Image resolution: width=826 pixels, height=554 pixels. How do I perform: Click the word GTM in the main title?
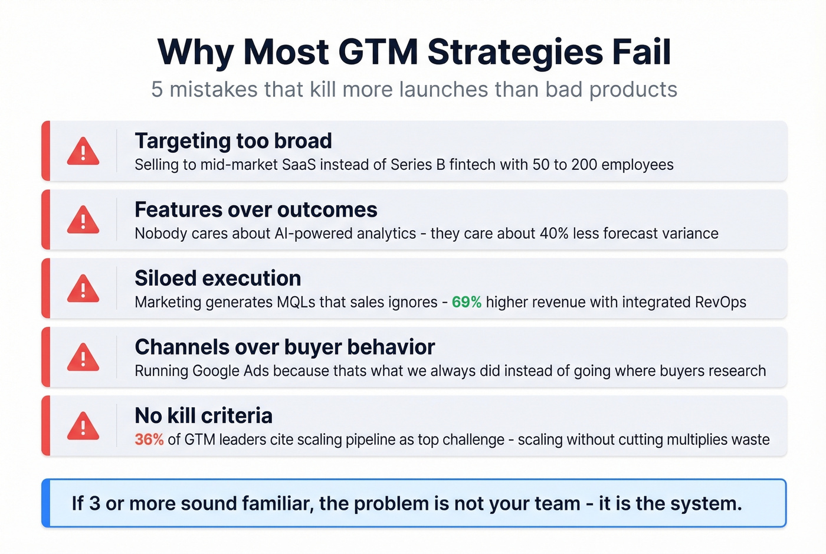(x=378, y=52)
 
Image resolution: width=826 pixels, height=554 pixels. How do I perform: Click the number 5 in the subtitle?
(x=157, y=90)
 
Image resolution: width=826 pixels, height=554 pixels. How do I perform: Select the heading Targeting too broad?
(x=233, y=141)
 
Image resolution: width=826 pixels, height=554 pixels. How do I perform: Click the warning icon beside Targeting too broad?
(x=83, y=152)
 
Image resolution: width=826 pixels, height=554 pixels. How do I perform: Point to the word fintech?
(x=473, y=165)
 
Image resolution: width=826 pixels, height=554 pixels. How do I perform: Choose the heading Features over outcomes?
(x=255, y=210)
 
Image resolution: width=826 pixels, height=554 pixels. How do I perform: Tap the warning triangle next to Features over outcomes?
(x=83, y=220)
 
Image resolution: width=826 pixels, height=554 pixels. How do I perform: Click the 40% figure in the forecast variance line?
(x=554, y=234)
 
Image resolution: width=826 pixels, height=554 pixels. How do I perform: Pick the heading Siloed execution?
(x=218, y=278)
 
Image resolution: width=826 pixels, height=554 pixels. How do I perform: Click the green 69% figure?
(x=467, y=302)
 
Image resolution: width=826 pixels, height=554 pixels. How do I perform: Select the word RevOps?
(x=720, y=302)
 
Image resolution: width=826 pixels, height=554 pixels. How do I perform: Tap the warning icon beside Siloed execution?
(x=83, y=289)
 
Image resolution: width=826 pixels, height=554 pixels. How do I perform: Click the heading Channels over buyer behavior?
(x=284, y=348)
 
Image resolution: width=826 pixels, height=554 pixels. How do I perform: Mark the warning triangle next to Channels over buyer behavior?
(x=83, y=358)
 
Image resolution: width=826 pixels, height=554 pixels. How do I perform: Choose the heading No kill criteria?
(x=204, y=416)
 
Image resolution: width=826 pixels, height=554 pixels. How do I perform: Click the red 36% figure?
(x=149, y=440)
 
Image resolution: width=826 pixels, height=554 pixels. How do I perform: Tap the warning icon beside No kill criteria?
(x=83, y=426)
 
